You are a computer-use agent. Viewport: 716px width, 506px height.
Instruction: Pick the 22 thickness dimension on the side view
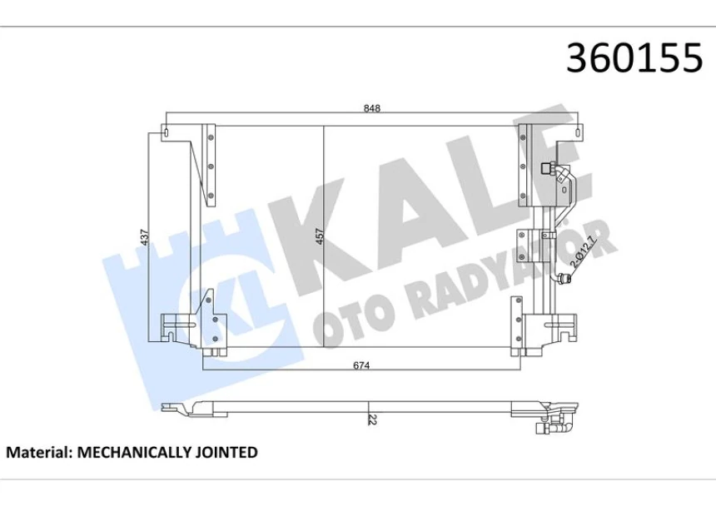(371, 421)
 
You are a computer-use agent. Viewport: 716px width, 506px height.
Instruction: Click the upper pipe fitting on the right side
(551, 169)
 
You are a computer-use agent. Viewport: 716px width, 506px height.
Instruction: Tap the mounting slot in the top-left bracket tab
(167, 131)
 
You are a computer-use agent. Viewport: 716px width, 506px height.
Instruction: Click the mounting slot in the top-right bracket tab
(579, 131)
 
